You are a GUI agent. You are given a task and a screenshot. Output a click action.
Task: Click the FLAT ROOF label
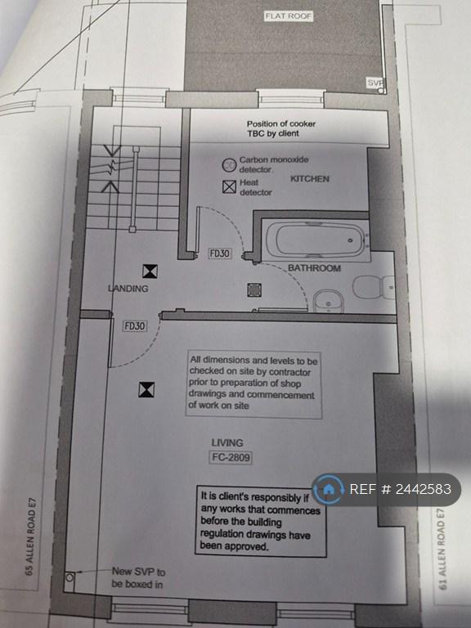coord(289,16)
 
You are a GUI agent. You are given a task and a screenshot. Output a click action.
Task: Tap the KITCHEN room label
coord(310,178)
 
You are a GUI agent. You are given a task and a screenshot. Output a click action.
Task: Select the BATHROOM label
coord(314,268)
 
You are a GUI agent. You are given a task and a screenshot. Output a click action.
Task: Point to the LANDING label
coord(128,288)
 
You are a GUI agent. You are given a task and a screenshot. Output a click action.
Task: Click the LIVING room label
coord(227,442)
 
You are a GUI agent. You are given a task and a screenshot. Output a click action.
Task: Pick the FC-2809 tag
coord(231,457)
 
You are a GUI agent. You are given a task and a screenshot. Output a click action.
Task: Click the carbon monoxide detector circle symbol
coord(229,164)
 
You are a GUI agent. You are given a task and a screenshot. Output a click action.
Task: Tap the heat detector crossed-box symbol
coord(229,186)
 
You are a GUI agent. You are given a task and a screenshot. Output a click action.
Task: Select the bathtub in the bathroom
coord(315,240)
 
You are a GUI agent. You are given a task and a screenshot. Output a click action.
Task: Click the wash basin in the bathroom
coord(329,301)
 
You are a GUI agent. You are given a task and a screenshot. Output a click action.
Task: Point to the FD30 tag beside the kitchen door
coord(220,253)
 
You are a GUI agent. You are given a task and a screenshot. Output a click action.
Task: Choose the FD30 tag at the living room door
coord(135,326)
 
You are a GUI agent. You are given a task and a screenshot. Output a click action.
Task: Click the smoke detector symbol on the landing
coord(150,271)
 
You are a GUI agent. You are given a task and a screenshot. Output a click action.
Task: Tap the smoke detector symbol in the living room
coord(146,390)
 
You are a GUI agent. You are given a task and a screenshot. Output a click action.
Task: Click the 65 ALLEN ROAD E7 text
coord(30,536)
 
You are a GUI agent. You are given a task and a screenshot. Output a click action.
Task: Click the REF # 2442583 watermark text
coord(400,489)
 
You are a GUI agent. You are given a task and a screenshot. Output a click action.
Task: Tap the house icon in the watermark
coord(329,489)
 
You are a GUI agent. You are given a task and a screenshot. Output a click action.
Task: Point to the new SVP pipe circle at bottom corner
coord(70,577)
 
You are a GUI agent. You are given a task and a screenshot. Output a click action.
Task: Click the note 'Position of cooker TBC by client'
coord(280,128)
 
